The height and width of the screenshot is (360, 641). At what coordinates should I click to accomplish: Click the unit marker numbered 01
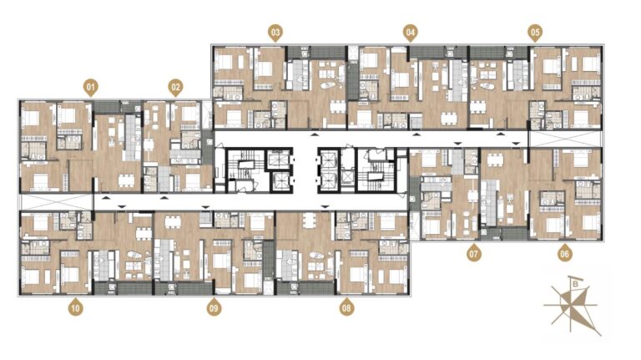click(x=91, y=88)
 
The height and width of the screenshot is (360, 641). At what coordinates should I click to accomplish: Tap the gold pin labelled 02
click(x=175, y=88)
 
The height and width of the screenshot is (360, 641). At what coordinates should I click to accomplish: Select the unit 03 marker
click(x=275, y=33)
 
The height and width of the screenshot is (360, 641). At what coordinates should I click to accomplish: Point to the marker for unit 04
click(x=411, y=33)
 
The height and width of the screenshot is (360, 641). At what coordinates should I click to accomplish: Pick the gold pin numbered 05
click(x=535, y=33)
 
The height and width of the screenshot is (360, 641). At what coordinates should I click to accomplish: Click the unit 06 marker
click(x=564, y=253)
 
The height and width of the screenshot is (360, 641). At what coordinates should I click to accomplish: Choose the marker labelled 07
click(x=473, y=253)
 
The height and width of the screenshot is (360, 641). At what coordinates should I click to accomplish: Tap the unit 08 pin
click(x=346, y=307)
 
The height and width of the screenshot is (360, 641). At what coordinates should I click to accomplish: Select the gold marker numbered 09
click(x=214, y=307)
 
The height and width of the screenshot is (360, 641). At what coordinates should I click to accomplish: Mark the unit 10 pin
click(x=76, y=307)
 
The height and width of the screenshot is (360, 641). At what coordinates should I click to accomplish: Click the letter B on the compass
click(x=576, y=283)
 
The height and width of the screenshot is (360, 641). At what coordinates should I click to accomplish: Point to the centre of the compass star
click(x=571, y=305)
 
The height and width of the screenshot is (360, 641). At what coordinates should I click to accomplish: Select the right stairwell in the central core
click(x=376, y=170)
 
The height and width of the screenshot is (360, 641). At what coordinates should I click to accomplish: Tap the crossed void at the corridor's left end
click(x=56, y=202)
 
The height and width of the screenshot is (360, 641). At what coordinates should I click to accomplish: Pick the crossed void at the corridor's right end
click(x=565, y=139)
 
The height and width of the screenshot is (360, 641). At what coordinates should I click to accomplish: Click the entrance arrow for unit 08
click(x=325, y=207)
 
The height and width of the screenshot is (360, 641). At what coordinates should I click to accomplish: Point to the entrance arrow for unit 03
click(x=315, y=134)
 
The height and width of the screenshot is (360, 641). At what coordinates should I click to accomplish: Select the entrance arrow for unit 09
click(x=205, y=207)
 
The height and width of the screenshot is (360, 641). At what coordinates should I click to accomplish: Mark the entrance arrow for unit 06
click(x=517, y=143)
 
